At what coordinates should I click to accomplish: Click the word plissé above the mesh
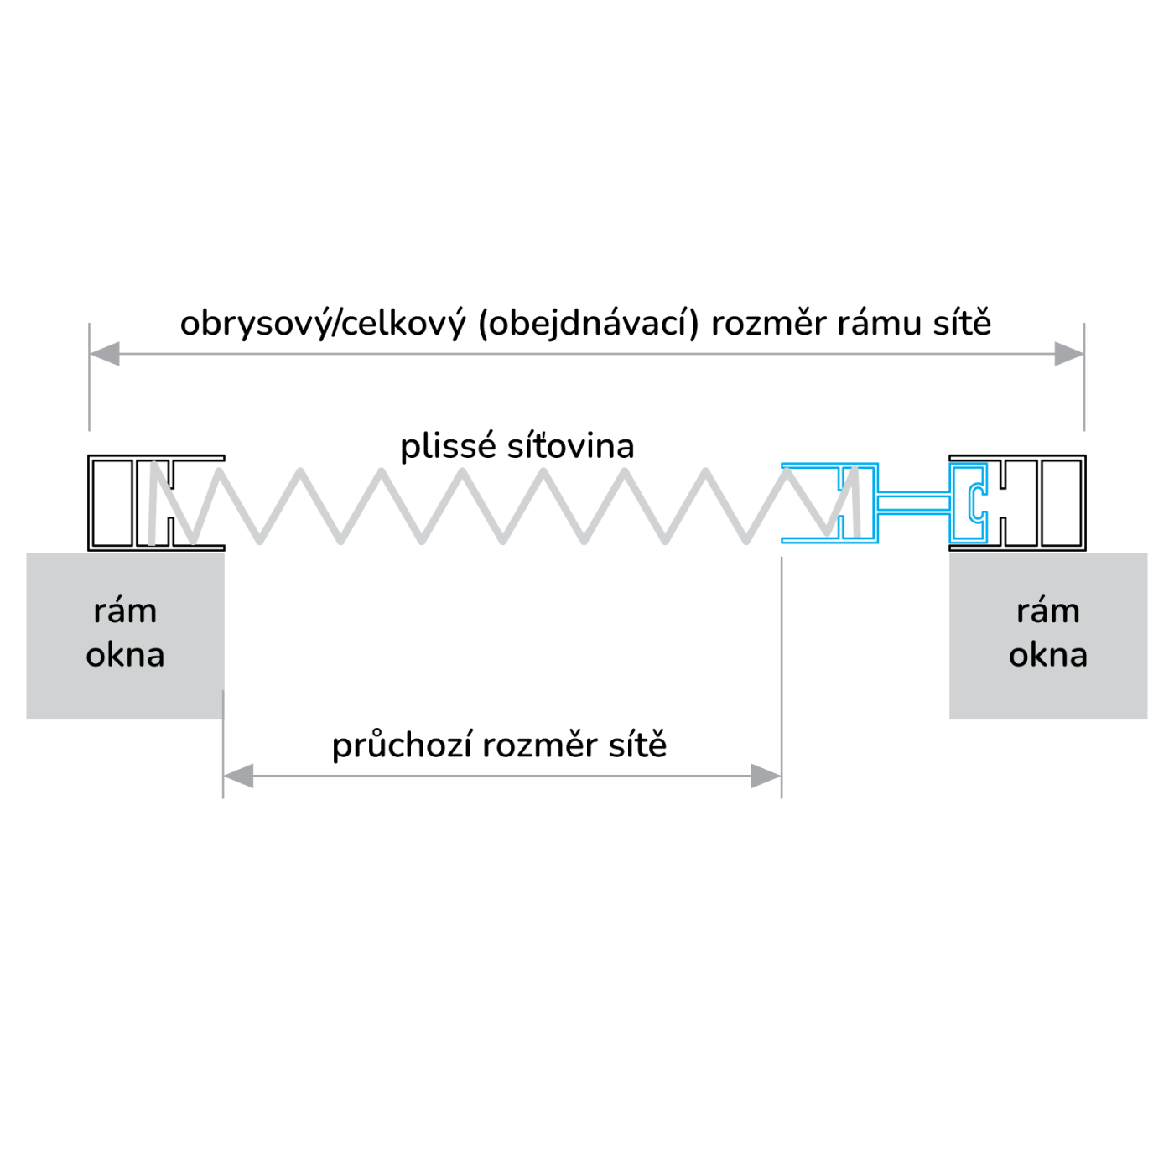pos(449,447)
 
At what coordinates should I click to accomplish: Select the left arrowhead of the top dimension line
pos(105,354)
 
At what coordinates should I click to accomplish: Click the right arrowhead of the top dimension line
pos(1068,354)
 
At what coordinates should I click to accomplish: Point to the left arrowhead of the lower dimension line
pos(239,777)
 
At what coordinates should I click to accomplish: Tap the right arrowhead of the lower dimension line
pos(766,777)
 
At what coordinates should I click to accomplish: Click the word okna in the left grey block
pos(125,656)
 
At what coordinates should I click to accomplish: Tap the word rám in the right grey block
pos(1047,611)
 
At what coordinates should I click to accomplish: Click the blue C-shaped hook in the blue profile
pos(974,501)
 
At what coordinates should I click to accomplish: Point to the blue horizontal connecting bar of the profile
pos(914,501)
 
